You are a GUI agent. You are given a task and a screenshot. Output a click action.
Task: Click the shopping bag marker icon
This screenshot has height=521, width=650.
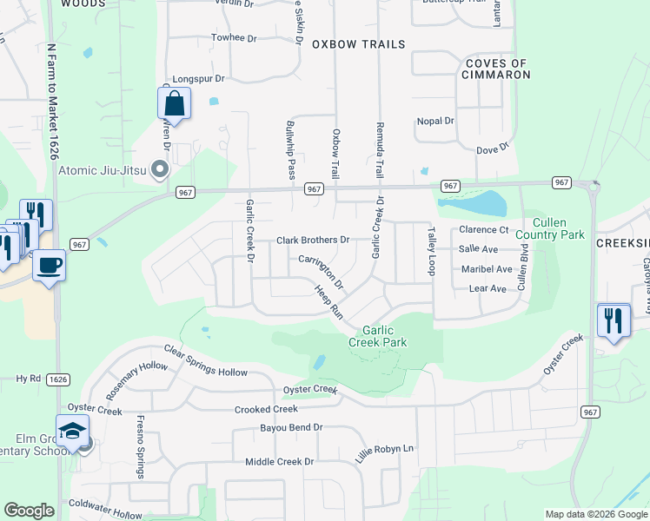tap(175, 103)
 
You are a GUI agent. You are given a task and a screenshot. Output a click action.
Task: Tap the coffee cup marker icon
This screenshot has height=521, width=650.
tap(50, 264)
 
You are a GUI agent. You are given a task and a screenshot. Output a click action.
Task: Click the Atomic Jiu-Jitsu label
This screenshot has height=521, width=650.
tap(104, 170)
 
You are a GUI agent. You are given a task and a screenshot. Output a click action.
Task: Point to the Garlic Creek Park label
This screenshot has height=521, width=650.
tap(378, 336)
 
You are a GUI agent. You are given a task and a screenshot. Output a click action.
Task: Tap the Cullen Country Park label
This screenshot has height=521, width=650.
tap(549, 228)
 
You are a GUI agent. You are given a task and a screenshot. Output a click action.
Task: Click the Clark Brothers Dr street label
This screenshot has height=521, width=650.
tap(313, 240)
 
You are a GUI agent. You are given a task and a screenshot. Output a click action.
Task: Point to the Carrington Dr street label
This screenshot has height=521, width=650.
tap(322, 272)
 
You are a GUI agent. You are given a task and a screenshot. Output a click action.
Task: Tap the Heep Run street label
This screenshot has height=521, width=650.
tap(329, 303)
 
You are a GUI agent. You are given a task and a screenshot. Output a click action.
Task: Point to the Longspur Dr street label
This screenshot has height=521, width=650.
tap(198, 78)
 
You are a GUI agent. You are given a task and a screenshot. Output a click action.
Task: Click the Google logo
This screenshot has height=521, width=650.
tap(29, 511)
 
